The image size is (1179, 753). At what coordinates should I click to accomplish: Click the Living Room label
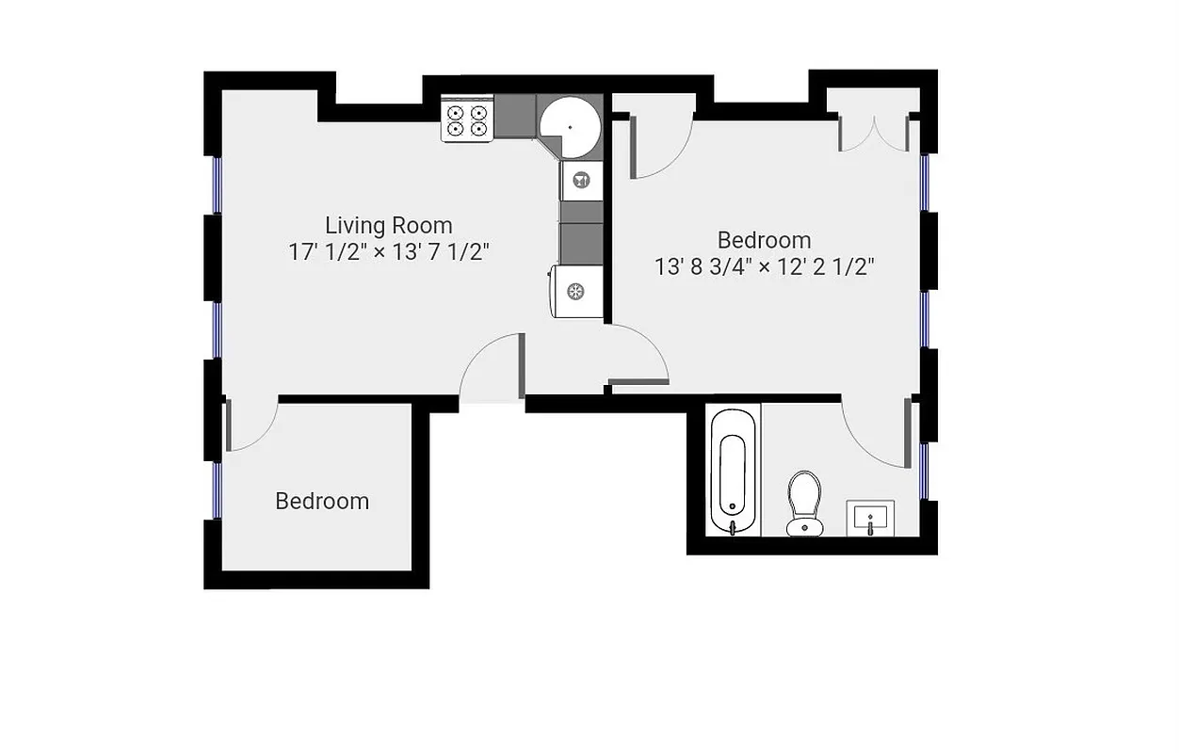coord(388,226)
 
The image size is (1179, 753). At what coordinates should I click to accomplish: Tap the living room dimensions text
coord(388,252)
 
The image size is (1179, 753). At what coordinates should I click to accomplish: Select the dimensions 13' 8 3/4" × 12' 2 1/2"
coord(765,266)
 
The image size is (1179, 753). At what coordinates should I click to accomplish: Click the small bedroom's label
coord(322,502)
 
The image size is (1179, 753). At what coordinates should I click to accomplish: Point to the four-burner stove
coord(468,120)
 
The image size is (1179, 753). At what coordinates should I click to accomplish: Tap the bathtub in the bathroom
coord(733,471)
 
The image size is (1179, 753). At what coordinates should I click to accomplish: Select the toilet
coord(804,503)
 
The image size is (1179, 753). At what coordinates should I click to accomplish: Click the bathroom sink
coord(869,517)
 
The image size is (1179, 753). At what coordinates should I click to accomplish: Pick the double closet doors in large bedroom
coord(875,132)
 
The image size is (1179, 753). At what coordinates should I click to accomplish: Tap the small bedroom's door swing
coord(250,425)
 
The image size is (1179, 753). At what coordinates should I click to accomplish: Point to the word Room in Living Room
coord(422,226)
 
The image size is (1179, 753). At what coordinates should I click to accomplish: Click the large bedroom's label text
coord(764,240)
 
